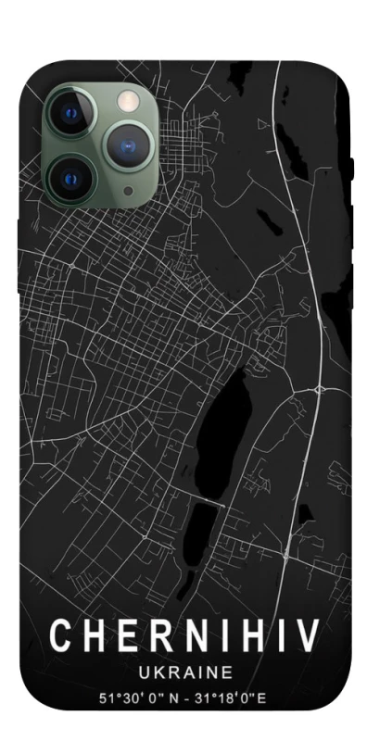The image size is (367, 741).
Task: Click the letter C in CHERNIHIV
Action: pyautogui.click(x=62, y=635)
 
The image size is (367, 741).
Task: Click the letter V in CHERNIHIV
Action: pyautogui.click(x=308, y=635)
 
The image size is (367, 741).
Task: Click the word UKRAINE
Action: pyautogui.click(x=183, y=671)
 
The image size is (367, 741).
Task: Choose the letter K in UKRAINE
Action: pyautogui.click(x=157, y=671)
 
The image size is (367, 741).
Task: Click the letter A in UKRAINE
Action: pyautogui.click(x=186, y=671)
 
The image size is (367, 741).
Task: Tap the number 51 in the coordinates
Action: pyautogui.click(x=106, y=697)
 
